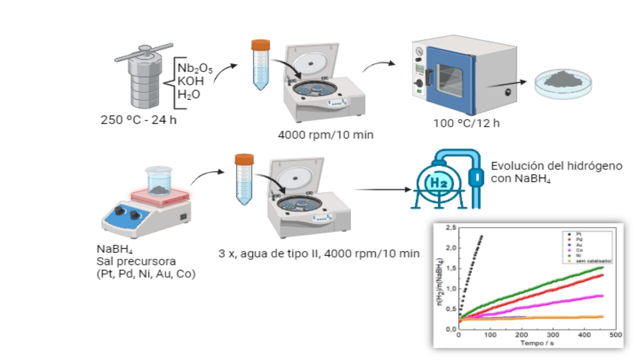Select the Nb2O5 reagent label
tap(195, 68)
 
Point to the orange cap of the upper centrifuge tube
tap(260, 44)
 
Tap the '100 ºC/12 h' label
tap(466, 123)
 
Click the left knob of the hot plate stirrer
tap(119, 210)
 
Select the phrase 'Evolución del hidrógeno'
tap(556, 166)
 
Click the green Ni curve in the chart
tap(550, 282)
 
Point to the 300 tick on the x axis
tap(553, 334)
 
